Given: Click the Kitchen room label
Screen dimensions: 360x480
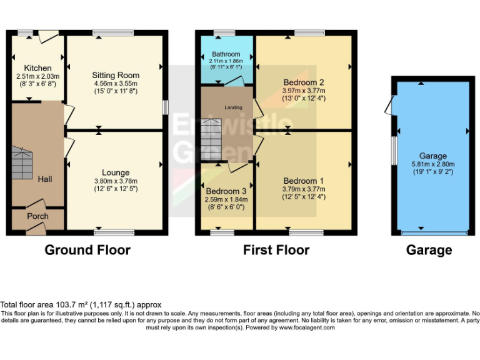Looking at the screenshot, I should pyautogui.click(x=37, y=68).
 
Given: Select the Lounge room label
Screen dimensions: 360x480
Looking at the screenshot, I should pyautogui.click(x=116, y=172).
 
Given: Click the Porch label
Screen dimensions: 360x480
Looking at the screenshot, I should pyautogui.click(x=37, y=216).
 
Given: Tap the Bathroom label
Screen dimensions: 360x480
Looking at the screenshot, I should pyautogui.click(x=226, y=54).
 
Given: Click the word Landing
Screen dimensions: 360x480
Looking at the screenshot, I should pyautogui.click(x=233, y=107).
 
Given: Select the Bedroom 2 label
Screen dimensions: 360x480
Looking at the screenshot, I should pyautogui.click(x=303, y=82).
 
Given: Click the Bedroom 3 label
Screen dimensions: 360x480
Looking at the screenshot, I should pyautogui.click(x=226, y=191).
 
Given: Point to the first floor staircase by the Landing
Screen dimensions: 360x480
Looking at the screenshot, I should pyautogui.click(x=211, y=137).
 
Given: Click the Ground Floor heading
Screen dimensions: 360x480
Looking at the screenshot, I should pyautogui.click(x=87, y=250).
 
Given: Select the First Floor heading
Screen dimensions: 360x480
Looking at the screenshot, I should pyautogui.click(x=276, y=250).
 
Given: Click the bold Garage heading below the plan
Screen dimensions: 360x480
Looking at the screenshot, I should pyautogui.click(x=429, y=250).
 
